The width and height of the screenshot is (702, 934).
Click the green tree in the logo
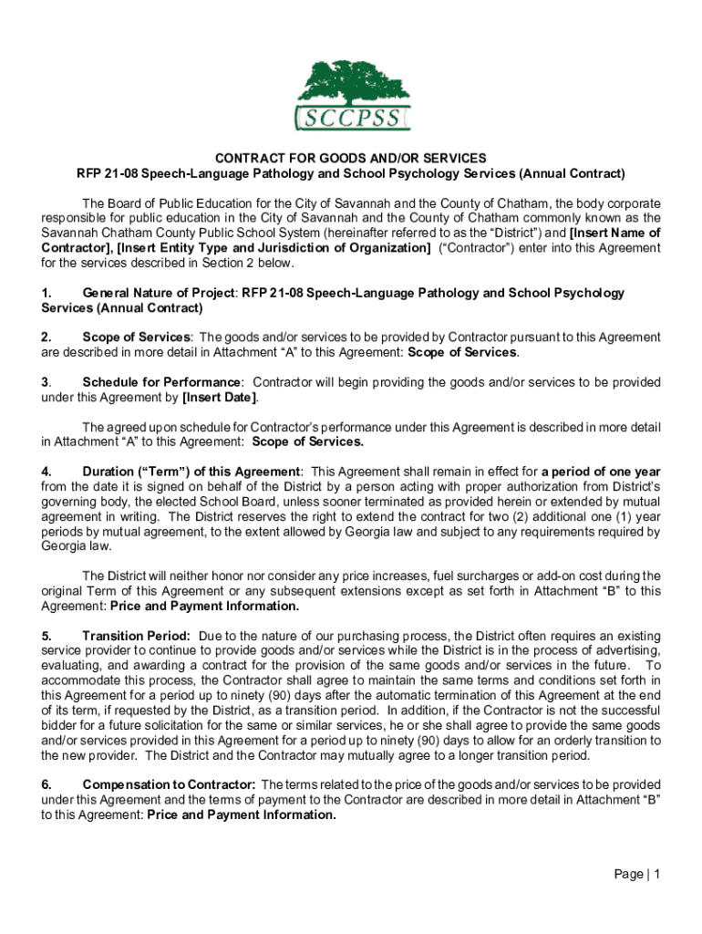[x=352, y=83]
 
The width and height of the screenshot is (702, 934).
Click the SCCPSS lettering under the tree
[x=353, y=119]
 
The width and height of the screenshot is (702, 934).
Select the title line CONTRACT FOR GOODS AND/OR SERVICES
[x=351, y=158]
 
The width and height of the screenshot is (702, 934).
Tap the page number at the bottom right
[x=637, y=874]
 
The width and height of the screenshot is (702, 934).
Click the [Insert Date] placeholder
[x=220, y=398]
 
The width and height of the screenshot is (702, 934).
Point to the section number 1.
[x=46, y=293]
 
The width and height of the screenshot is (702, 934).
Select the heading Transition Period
[x=136, y=636]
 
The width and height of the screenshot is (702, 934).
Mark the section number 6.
[x=46, y=784]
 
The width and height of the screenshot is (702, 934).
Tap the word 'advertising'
[x=627, y=650]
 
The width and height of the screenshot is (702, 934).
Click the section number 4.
[x=46, y=472]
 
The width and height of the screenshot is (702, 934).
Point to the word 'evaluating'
[x=70, y=665]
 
